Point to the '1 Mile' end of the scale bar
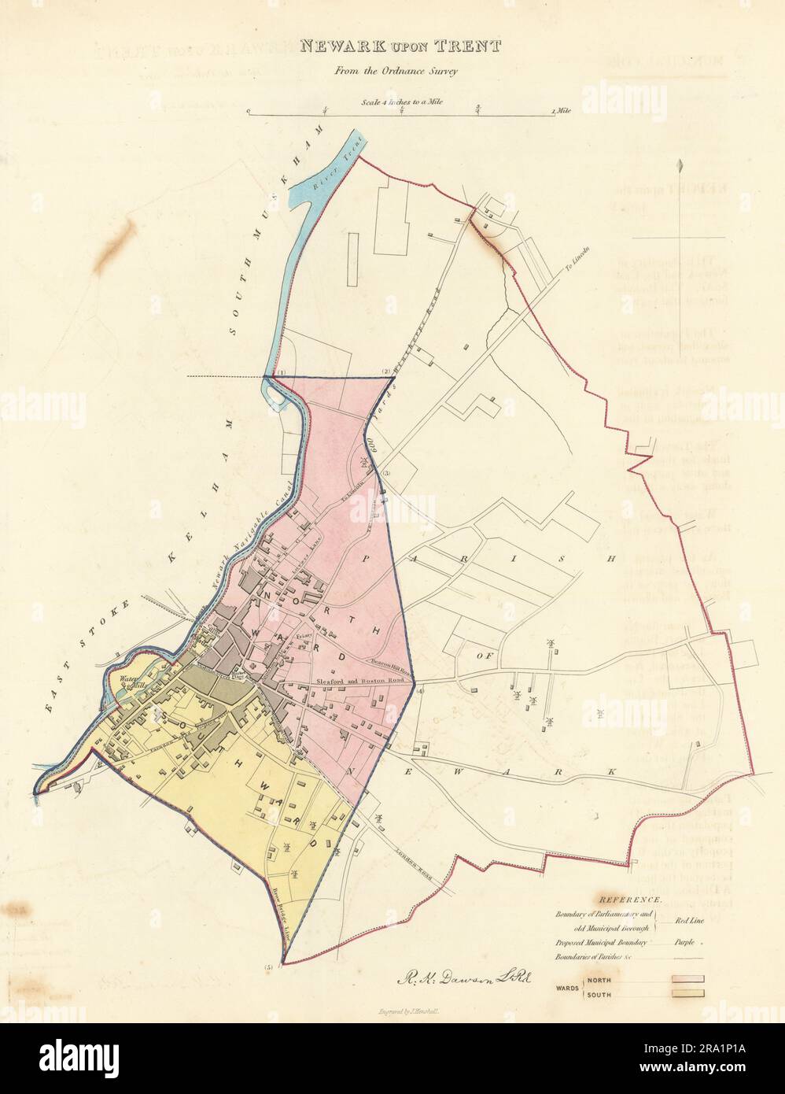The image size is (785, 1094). (x=562, y=112)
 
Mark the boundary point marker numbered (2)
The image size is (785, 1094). (x=386, y=371)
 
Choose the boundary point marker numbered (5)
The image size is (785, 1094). (x=271, y=966)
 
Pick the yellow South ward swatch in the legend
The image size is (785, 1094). (x=687, y=994)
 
